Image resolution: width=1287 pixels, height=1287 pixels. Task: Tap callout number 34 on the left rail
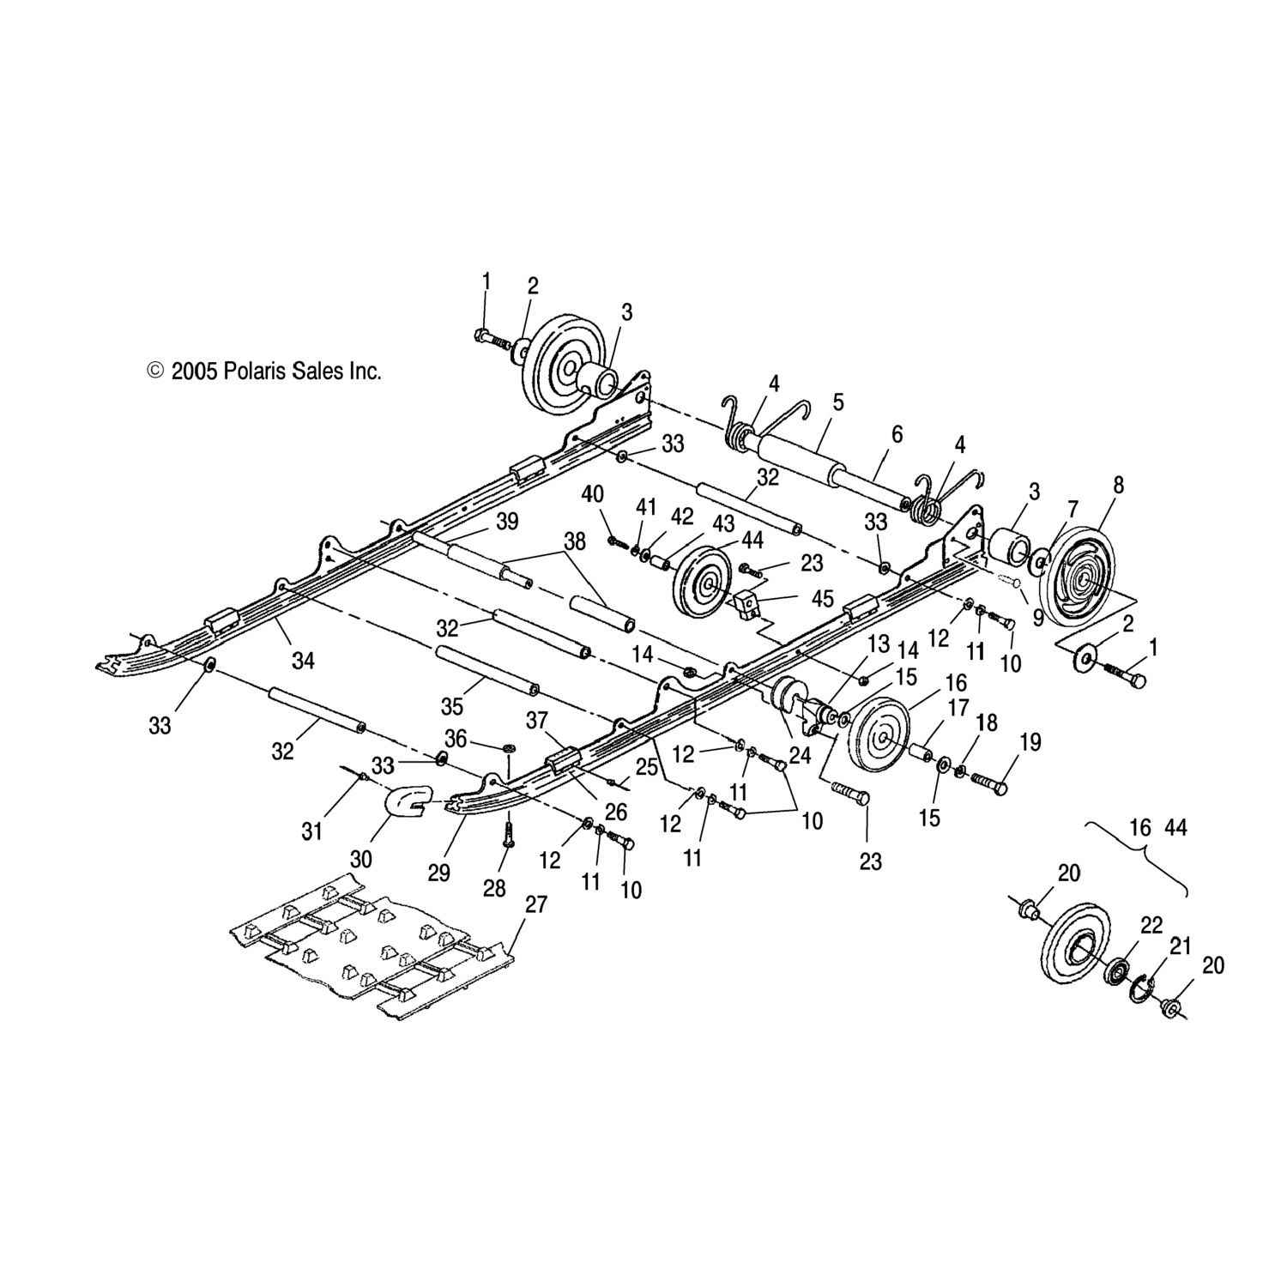click(303, 660)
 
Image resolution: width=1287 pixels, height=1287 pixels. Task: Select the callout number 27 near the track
click(538, 904)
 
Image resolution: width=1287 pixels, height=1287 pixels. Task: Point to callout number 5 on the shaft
click(838, 402)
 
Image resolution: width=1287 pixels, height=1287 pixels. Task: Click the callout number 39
click(507, 521)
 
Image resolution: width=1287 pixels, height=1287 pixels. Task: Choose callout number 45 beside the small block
click(822, 598)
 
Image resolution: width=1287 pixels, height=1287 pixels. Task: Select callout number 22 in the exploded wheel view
click(1151, 926)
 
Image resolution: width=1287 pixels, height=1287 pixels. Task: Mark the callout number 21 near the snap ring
click(1181, 946)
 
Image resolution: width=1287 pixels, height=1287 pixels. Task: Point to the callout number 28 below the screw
click(494, 887)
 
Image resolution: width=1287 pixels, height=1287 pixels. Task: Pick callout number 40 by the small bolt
click(593, 493)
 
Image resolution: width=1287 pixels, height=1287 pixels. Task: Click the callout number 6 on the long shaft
click(897, 434)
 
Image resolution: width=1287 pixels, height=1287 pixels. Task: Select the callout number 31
click(312, 831)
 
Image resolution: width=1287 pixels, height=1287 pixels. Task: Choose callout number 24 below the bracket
click(800, 756)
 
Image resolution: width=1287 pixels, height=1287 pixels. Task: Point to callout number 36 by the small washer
click(456, 738)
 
